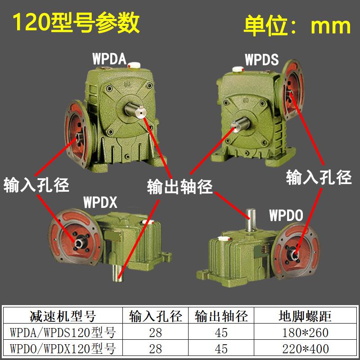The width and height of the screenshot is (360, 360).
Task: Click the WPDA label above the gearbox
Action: pos(108,59)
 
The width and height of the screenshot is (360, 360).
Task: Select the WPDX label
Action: pos(100,202)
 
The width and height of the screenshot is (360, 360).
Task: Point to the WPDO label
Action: pos(286,215)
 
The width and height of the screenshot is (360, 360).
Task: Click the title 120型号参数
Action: pos(76,23)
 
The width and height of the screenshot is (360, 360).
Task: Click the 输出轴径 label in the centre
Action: pos(180,186)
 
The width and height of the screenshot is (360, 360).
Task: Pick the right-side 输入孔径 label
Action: pos(319,177)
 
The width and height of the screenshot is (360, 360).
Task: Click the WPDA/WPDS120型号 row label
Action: pos(63,333)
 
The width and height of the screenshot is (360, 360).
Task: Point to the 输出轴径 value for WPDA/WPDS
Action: pos(221,333)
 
